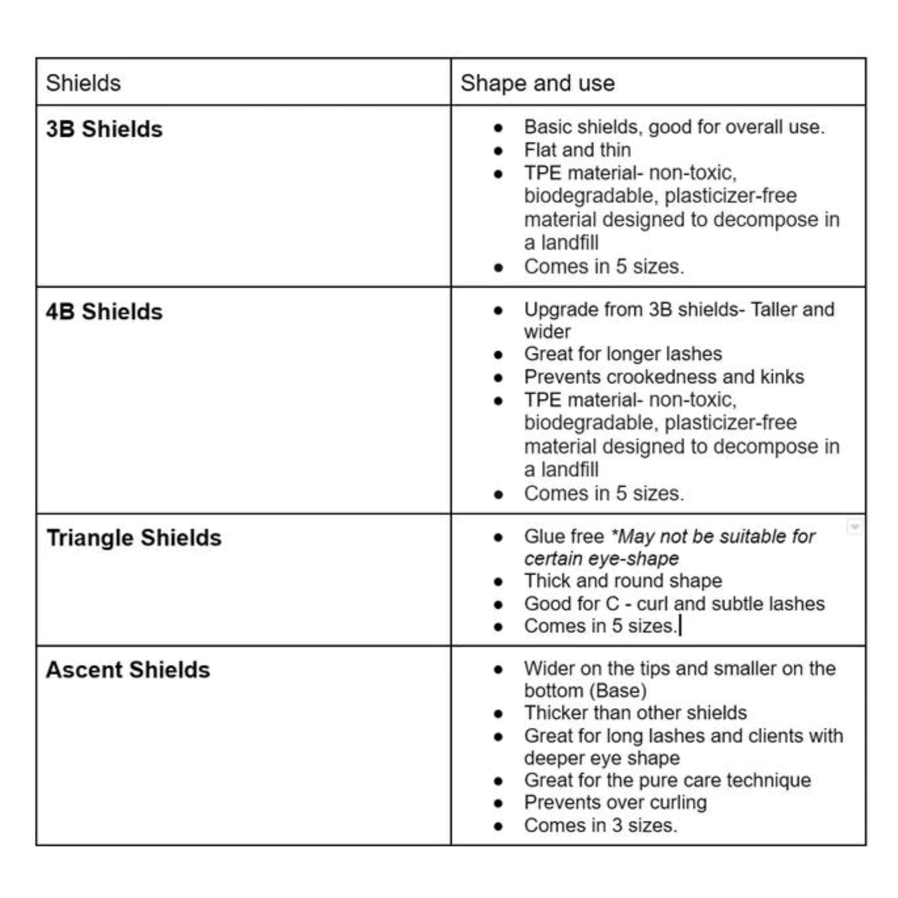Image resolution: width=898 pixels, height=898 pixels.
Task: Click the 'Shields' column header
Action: point(83,83)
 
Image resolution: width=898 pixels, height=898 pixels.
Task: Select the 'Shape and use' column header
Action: point(537,83)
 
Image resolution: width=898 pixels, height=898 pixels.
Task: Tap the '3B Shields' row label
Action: point(104,129)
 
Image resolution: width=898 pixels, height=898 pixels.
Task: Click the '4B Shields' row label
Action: point(104,311)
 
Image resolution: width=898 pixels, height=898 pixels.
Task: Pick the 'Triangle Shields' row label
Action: point(134,538)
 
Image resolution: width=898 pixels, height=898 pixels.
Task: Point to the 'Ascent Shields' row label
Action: point(128,670)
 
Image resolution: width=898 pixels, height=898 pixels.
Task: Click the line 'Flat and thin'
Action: point(577,150)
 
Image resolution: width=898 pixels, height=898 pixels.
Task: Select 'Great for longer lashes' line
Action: point(623,354)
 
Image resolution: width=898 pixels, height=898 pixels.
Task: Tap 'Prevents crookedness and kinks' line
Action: point(664,377)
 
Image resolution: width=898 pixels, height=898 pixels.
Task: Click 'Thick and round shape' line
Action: point(623,581)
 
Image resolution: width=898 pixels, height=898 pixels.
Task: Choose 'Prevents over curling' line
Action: point(615,802)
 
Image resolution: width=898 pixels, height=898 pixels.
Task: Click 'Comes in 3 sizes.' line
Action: point(601,826)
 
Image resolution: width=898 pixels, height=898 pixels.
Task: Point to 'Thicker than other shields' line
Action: point(635,713)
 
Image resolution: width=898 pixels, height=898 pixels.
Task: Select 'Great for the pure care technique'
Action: point(667,780)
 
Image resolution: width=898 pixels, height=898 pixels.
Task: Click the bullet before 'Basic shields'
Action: point(499,128)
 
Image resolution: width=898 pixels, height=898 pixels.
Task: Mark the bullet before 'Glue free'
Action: point(499,538)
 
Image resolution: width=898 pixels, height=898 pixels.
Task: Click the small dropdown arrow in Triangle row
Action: point(854,527)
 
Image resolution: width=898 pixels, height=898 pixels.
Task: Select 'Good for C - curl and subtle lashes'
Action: point(674,604)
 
